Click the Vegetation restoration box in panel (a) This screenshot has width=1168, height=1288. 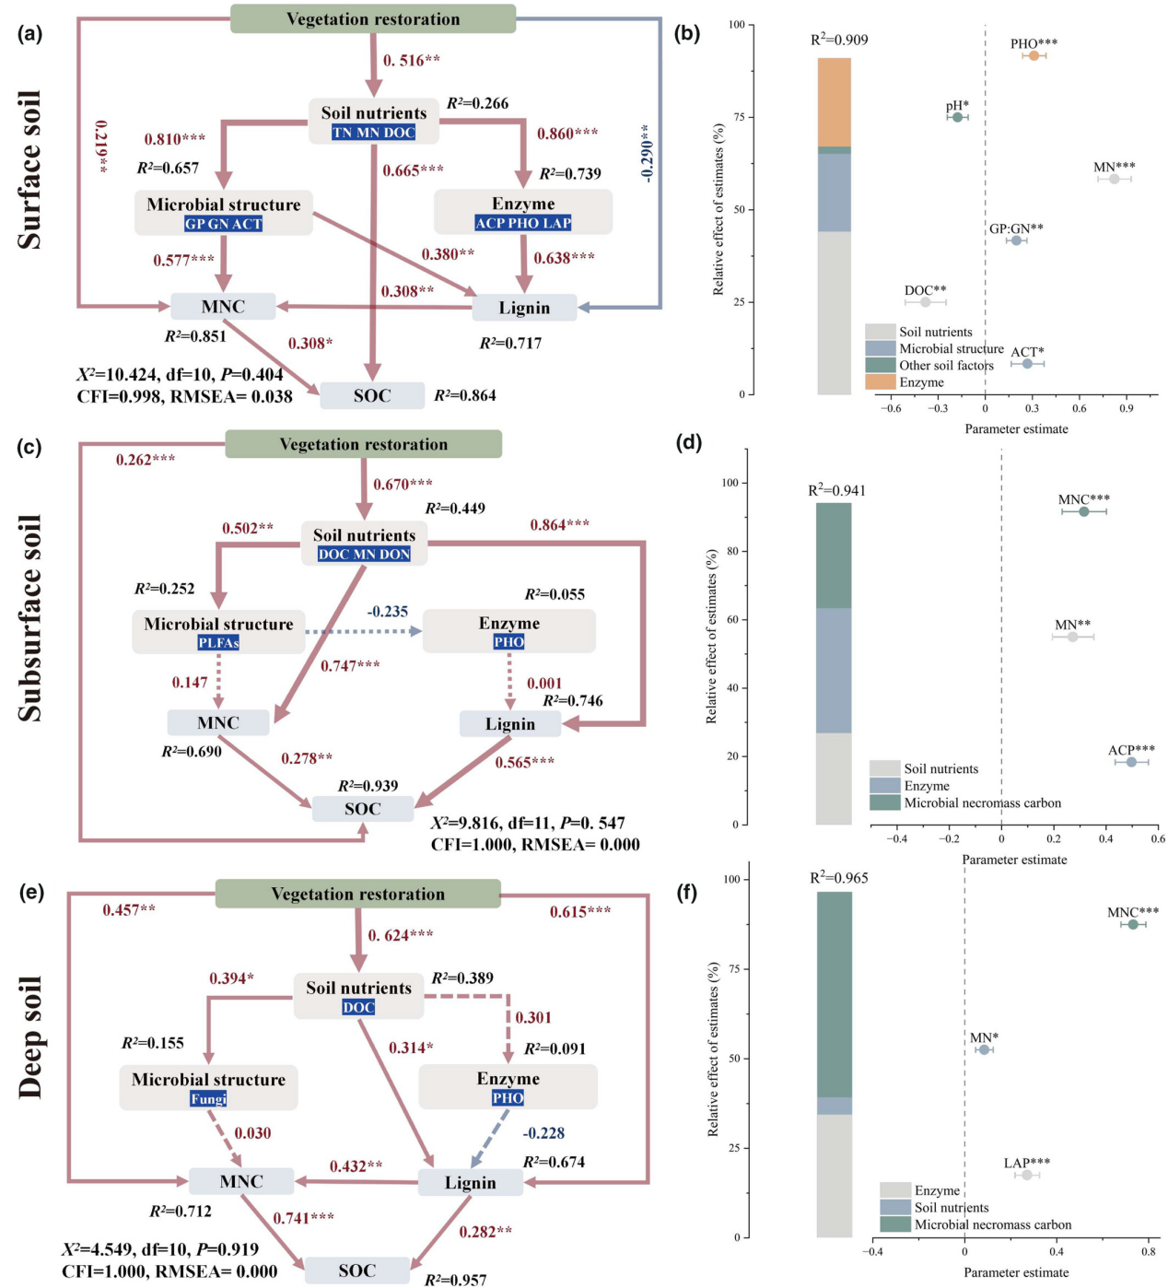373,19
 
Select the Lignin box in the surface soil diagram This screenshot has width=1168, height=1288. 524,308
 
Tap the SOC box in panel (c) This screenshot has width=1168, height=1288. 363,809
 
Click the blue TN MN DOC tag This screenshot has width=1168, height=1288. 374,133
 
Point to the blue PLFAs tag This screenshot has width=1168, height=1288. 218,642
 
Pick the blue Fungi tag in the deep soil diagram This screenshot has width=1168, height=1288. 208,1098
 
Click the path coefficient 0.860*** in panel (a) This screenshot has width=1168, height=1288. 567,134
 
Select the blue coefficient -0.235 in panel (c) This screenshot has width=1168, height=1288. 388,612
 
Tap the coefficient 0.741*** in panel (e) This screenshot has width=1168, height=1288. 303,1218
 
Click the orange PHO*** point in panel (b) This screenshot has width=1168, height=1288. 1034,56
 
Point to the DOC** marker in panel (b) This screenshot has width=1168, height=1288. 926,302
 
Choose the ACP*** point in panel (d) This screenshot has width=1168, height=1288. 1131,762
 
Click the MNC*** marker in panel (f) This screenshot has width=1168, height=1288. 1133,924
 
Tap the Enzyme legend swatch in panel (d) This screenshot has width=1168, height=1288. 884,786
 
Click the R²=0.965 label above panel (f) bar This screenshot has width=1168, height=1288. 839,878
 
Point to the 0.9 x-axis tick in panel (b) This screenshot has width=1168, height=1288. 1127,408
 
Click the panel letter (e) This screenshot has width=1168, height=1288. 30,893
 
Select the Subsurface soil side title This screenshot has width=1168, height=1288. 30,618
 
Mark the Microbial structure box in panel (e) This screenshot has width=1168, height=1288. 208,1088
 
